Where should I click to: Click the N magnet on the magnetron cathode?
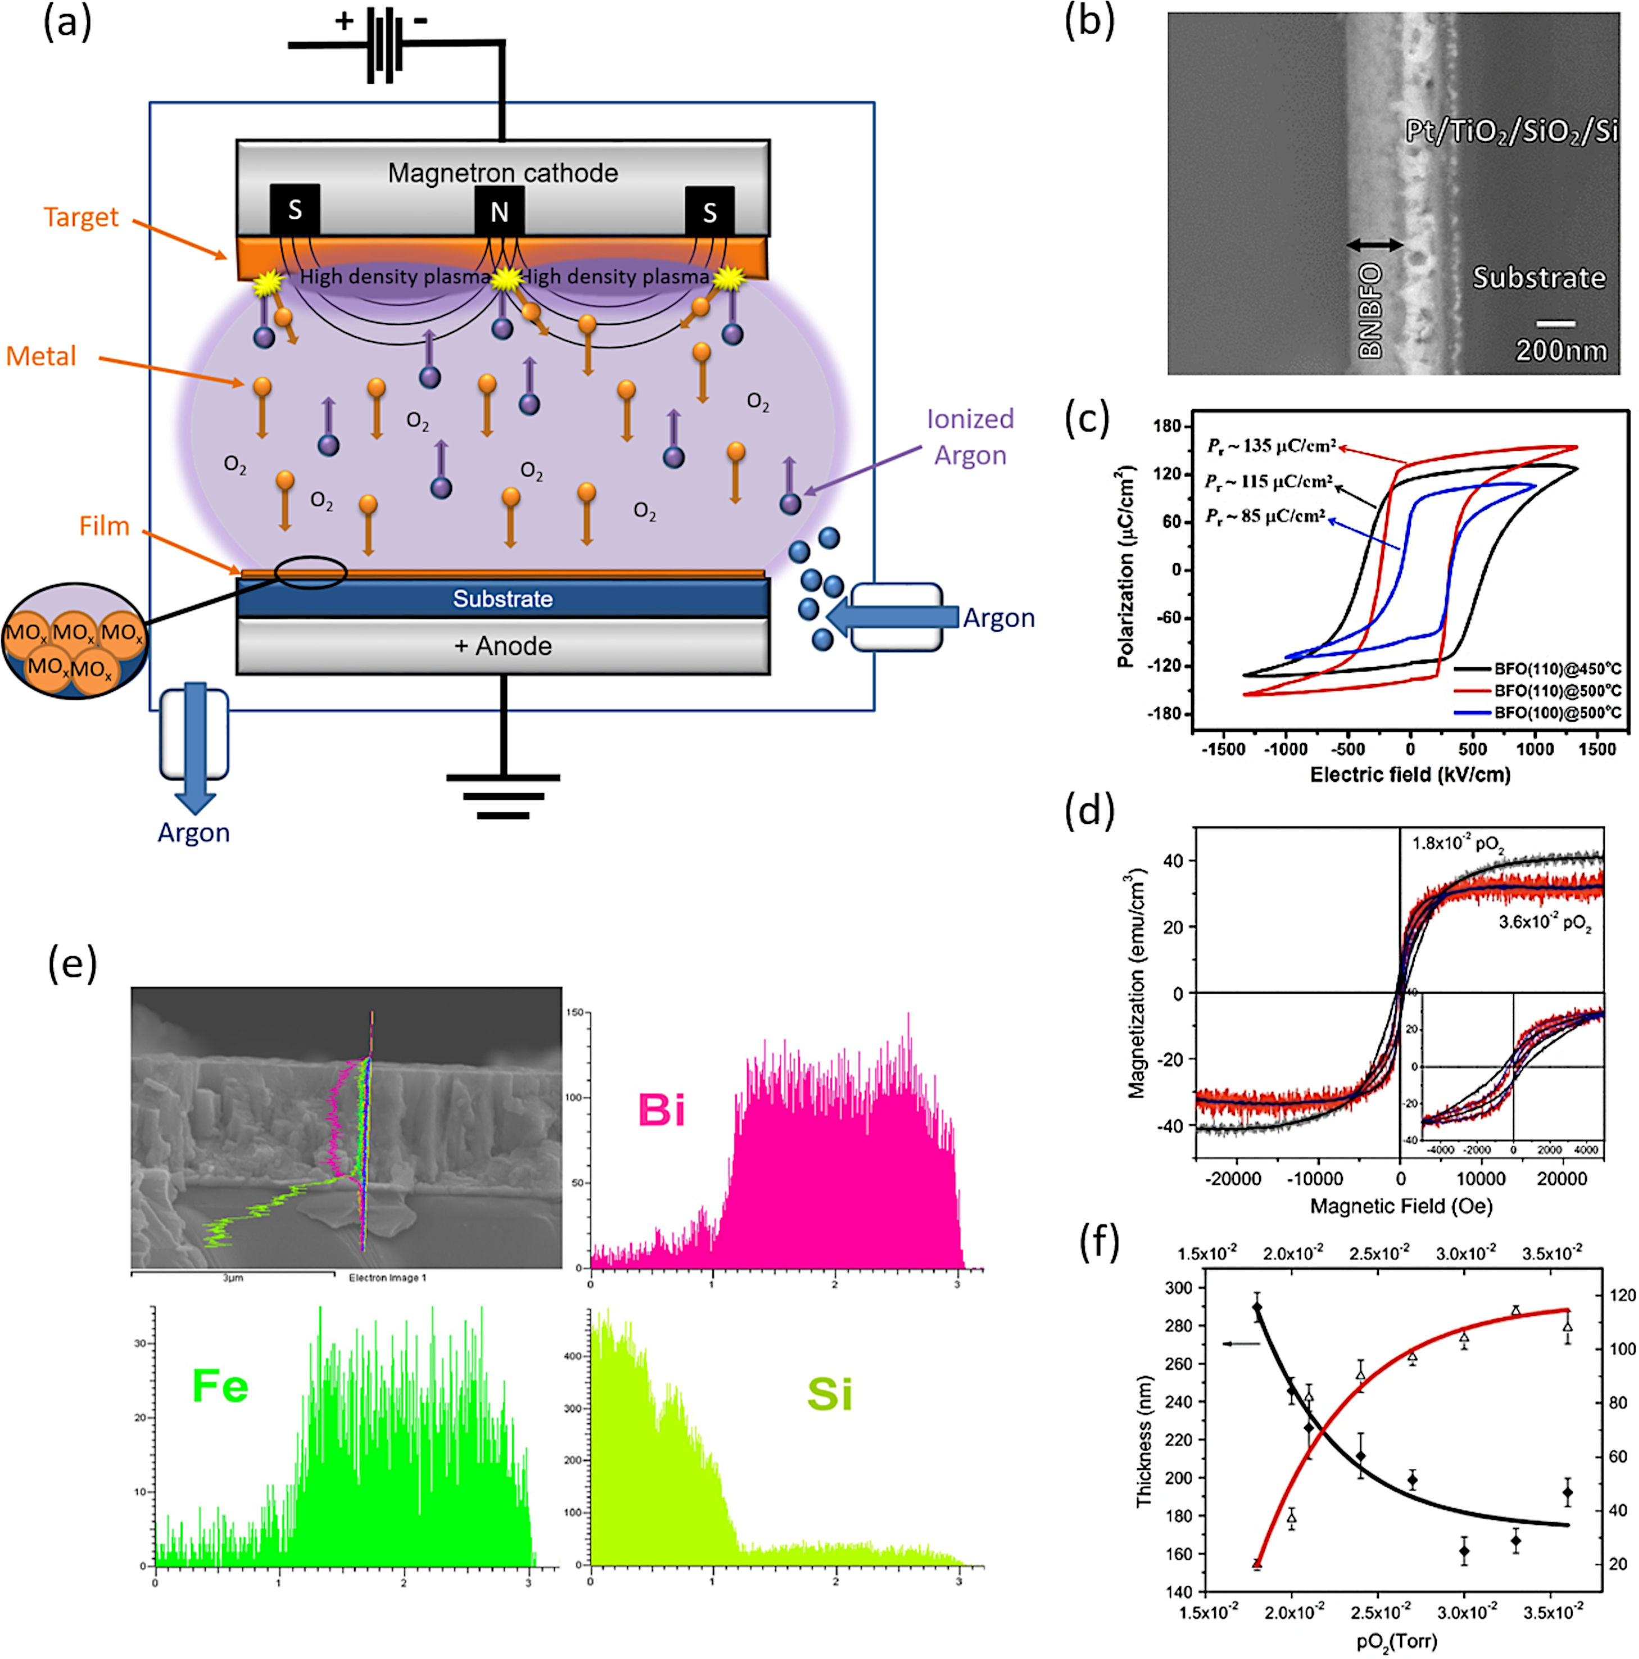[499, 211]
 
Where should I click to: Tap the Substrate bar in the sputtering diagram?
[502, 599]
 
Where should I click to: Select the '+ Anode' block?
[502, 646]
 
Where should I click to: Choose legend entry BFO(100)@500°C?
[1556, 713]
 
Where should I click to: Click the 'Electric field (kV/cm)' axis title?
[1410, 774]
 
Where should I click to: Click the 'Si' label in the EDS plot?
[829, 1394]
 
